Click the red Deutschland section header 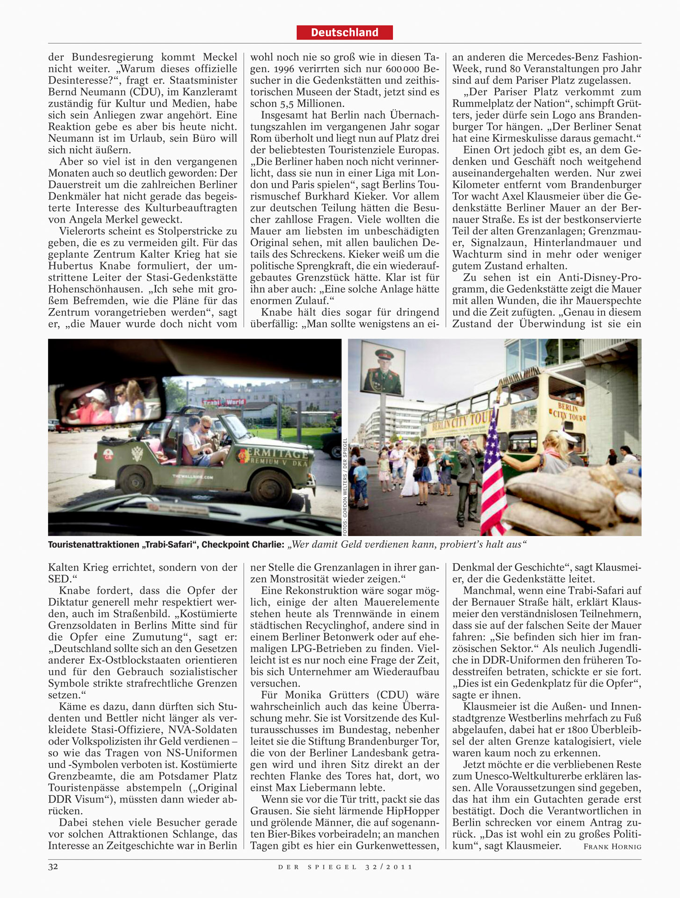point(344,32)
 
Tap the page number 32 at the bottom point(53,866)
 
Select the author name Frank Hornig point(612,846)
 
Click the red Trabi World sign point(224,402)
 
